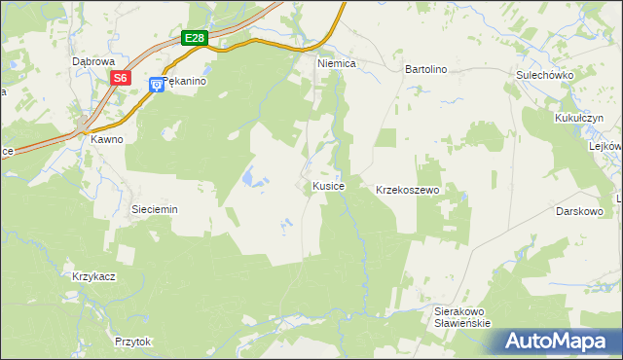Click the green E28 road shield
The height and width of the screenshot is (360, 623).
pyautogui.click(x=196, y=38)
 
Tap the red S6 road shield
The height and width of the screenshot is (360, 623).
pyautogui.click(x=120, y=78)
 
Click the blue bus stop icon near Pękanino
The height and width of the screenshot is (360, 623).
pyautogui.click(x=156, y=86)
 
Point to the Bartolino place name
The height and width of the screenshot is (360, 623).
pyautogui.click(x=424, y=70)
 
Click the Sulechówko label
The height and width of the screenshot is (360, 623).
pyautogui.click(x=544, y=75)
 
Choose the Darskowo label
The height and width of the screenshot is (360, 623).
pyautogui.click(x=581, y=210)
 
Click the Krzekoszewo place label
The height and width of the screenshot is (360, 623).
pyautogui.click(x=409, y=191)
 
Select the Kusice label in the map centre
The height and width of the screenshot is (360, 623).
pyautogui.click(x=327, y=185)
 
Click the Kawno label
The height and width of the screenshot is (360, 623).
pyautogui.click(x=107, y=139)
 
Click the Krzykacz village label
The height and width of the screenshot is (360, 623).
pyautogui.click(x=93, y=276)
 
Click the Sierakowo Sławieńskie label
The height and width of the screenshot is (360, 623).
pyautogui.click(x=460, y=317)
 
